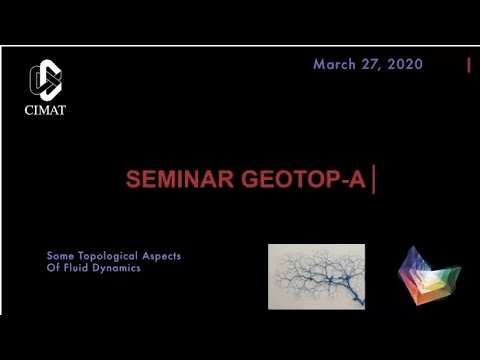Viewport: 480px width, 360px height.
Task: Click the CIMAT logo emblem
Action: pos(45,79)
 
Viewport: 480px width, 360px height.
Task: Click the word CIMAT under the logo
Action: pos(45,110)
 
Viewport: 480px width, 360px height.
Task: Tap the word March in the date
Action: pos(336,64)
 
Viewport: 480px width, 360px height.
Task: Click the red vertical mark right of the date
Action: pos(468,65)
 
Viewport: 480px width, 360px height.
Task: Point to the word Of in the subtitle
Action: pos(53,268)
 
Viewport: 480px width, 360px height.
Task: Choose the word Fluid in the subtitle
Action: pos(77,268)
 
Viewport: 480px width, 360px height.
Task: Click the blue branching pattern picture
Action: pos(316,276)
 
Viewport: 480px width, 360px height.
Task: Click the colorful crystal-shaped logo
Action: pos(428,276)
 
